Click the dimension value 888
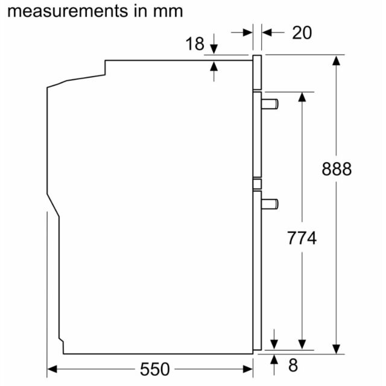[x=337, y=169]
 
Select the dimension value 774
[x=302, y=238]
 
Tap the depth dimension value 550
[x=154, y=369]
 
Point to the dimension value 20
[x=302, y=33]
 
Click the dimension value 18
[x=195, y=44]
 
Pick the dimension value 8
[x=293, y=365]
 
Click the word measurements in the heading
[x=68, y=11]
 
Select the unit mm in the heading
[x=168, y=12]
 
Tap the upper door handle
[x=270, y=104]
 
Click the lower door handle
[x=270, y=204]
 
